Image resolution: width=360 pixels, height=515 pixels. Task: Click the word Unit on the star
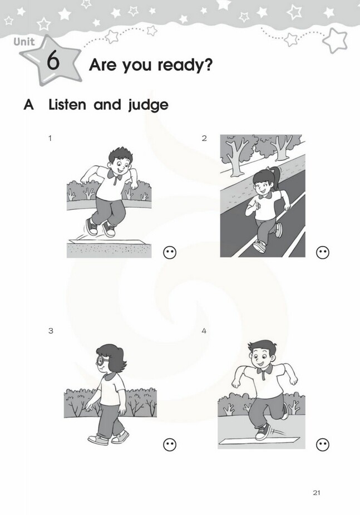pos(24,42)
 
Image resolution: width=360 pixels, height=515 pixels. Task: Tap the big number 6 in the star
pos(53,61)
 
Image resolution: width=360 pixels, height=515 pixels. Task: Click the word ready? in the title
pos(185,65)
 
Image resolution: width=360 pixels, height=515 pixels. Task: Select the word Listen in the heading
pos(67,105)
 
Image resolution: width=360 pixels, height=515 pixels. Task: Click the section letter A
pos(28,105)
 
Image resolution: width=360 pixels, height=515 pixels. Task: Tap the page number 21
pos(317,493)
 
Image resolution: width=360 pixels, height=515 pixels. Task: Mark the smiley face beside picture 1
pos(170,252)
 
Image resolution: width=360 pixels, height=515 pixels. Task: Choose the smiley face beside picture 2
pos(323,252)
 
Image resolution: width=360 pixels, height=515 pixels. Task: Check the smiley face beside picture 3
pos(170,445)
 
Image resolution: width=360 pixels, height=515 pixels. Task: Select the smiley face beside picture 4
pos(323,445)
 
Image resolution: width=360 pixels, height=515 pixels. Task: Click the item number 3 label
pos(51,331)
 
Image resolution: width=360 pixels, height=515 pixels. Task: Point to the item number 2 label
pos(204,138)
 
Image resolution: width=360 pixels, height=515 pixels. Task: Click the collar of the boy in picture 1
pos(116,175)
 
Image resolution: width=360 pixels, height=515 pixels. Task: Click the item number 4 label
pos(204,331)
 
